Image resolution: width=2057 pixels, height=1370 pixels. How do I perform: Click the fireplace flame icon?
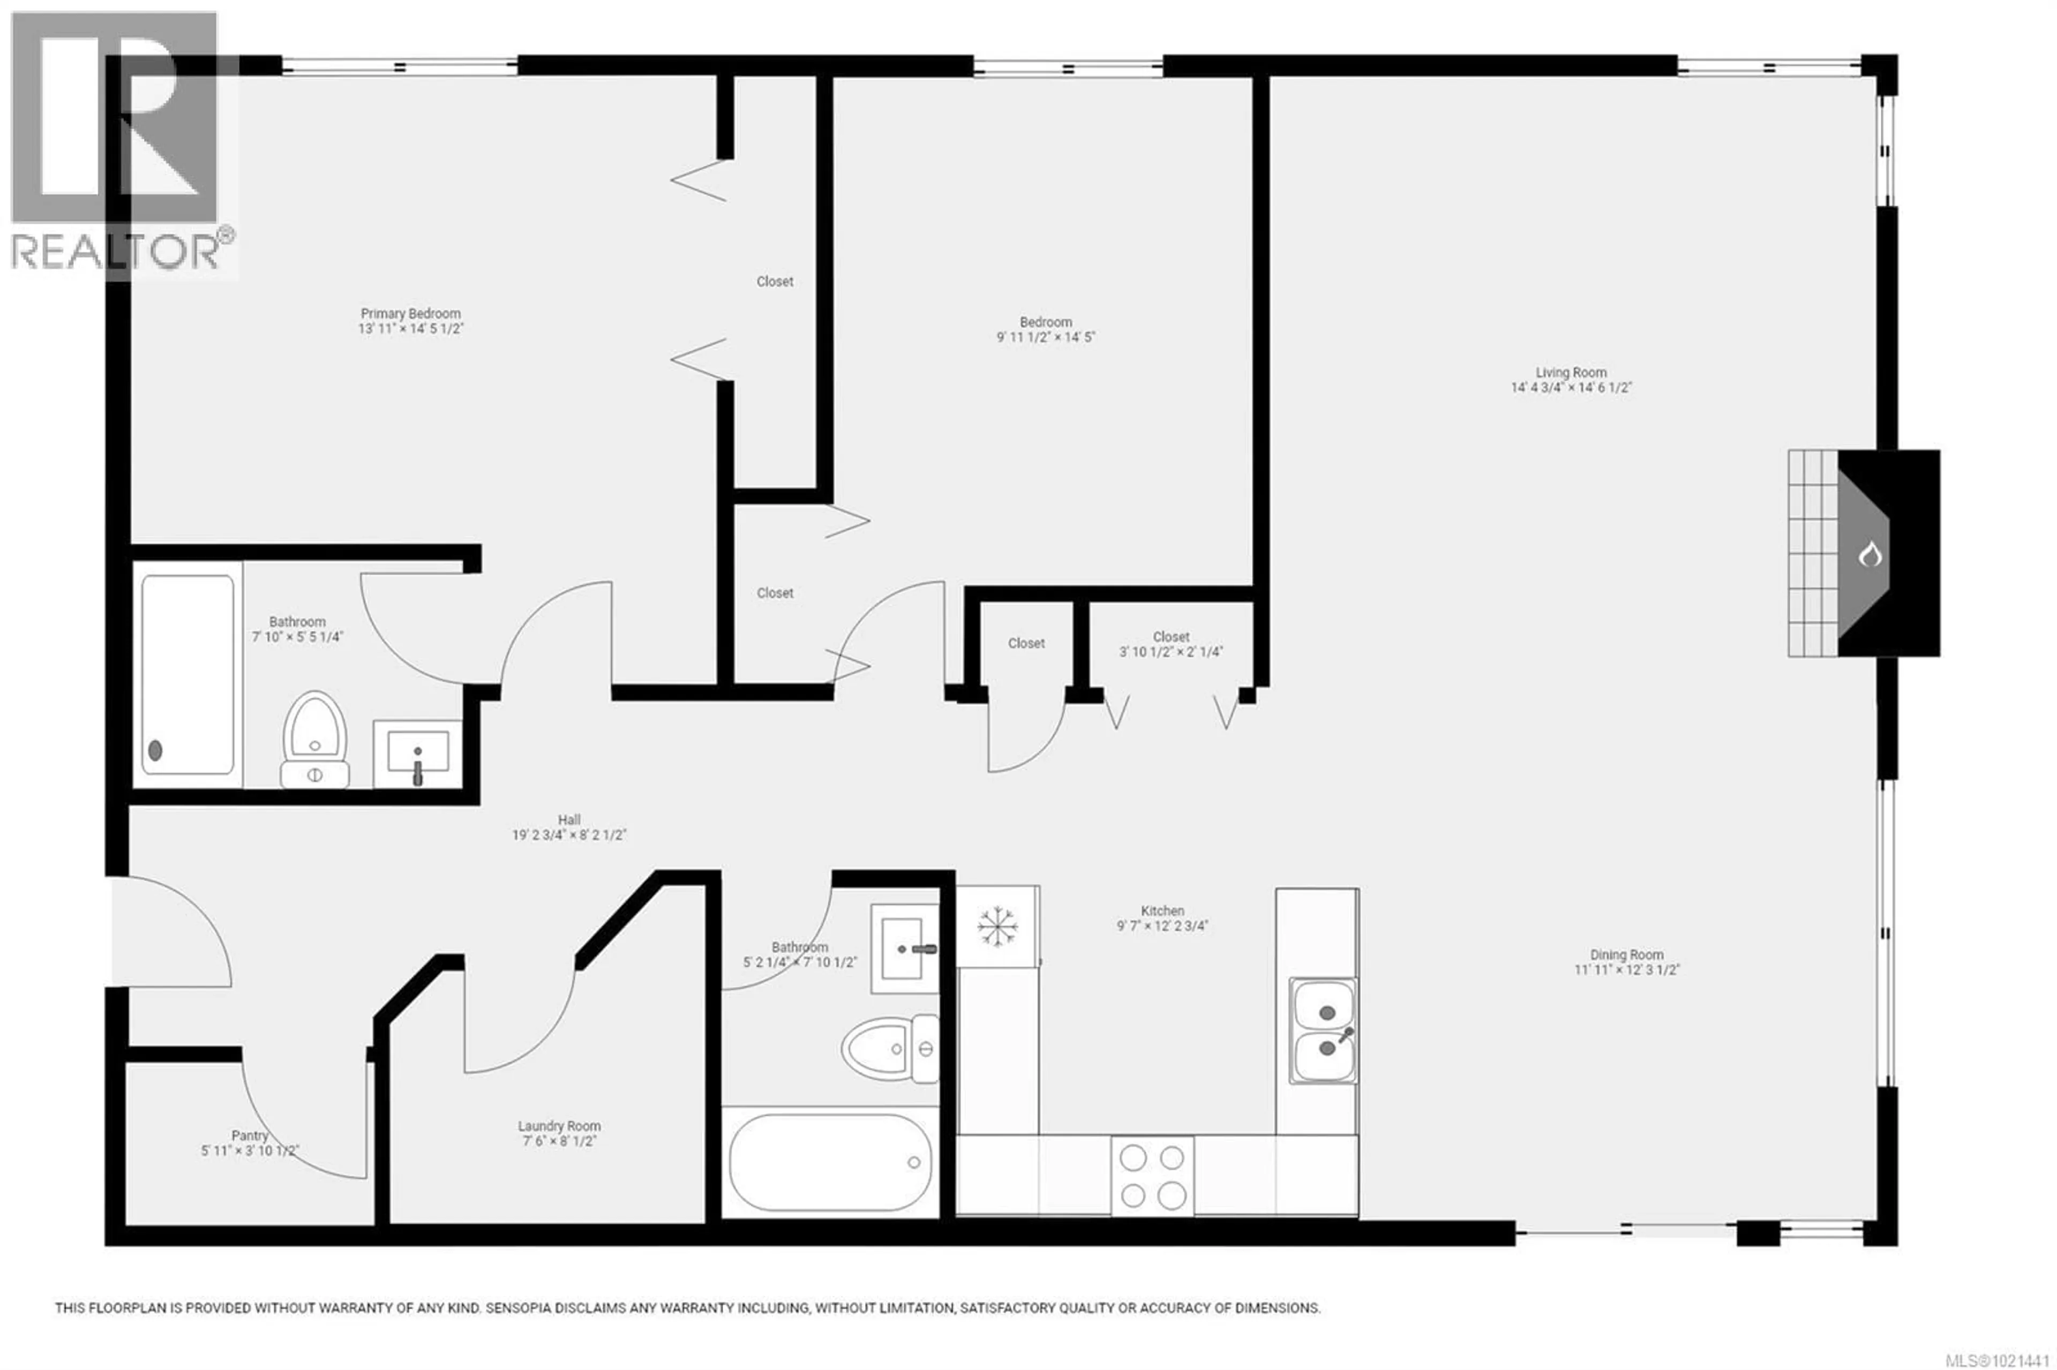point(1869,554)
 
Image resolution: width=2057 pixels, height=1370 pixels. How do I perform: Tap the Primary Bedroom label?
point(411,314)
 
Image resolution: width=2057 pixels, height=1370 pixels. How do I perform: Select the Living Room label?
point(1571,372)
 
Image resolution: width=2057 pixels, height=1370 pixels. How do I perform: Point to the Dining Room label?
point(1626,955)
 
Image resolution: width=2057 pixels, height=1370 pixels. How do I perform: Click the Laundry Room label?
point(559,1126)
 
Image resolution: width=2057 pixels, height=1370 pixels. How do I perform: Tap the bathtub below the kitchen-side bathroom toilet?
point(830,1162)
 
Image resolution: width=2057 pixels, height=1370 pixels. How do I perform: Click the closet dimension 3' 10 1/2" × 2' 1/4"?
point(1171,652)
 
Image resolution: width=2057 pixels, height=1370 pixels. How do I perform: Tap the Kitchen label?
point(1162,910)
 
